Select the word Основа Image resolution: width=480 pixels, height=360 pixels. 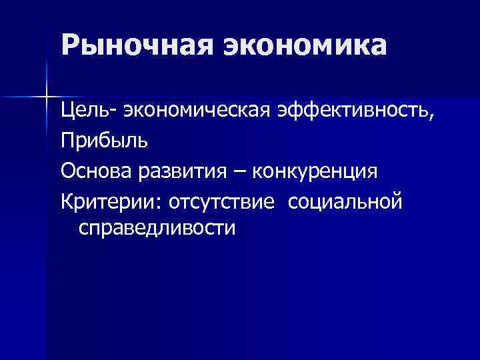tap(95, 171)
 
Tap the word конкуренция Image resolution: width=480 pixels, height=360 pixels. tap(317, 171)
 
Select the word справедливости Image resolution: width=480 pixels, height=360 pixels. tap(157, 229)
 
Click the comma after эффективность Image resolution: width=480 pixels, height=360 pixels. tap(435, 115)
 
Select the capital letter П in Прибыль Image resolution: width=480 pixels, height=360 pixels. tap(67, 140)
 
